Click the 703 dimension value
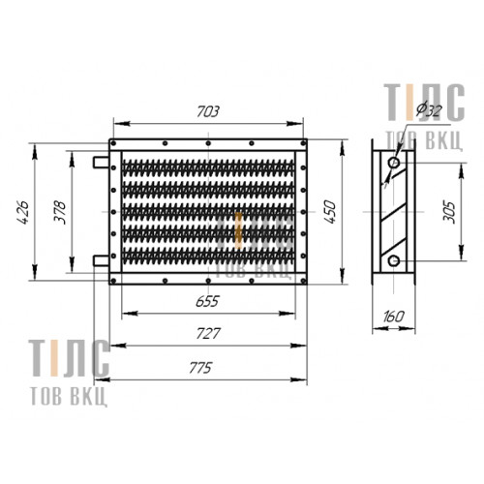point(208,111)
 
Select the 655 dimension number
point(207,301)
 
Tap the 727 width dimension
point(208,334)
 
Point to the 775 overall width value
point(200,368)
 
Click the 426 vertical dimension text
point(23,212)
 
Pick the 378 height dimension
point(60,212)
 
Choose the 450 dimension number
point(329,212)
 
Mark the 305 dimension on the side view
point(449,212)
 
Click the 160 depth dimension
point(394,317)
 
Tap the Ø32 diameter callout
point(429,110)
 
